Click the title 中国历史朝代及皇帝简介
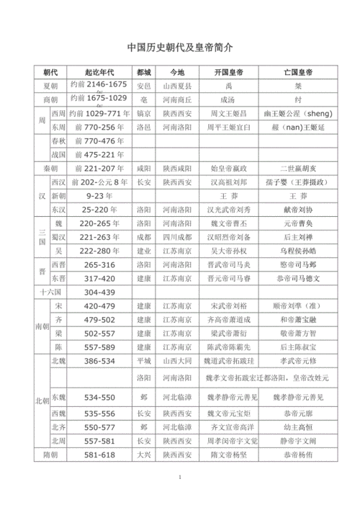[x=180, y=48]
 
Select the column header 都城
[x=144, y=73]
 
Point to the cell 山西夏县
[x=176, y=85]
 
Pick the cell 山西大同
[x=176, y=360]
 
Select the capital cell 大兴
[x=144, y=455]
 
